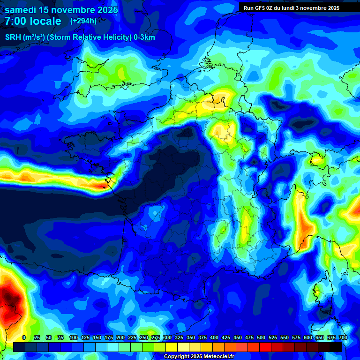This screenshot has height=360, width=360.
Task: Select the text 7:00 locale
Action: coord(33,21)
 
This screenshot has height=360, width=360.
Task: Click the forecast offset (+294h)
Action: coord(83,21)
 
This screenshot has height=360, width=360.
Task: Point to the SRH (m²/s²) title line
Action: coord(80,37)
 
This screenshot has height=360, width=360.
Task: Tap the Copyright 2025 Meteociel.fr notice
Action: coord(198,356)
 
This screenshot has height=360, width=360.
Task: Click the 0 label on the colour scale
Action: coord(24,337)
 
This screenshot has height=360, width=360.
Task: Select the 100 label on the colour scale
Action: coord(74,337)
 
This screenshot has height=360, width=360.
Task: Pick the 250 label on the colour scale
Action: coord(144,337)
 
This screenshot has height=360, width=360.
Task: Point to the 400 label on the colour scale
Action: coord(214,337)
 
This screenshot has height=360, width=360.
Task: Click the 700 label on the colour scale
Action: coord(343,337)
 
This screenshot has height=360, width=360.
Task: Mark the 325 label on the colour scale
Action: coord(179,337)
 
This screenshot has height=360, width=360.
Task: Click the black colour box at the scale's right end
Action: coord(335,347)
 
